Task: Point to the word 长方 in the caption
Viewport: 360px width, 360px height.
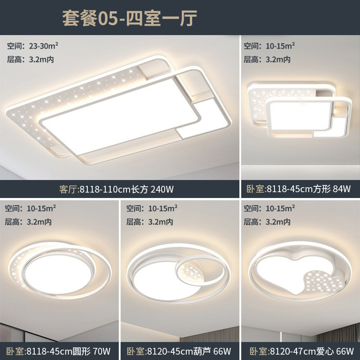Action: (135, 189)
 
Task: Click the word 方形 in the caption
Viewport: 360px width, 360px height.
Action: (320, 189)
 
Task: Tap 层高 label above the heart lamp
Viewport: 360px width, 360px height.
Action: (250, 221)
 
